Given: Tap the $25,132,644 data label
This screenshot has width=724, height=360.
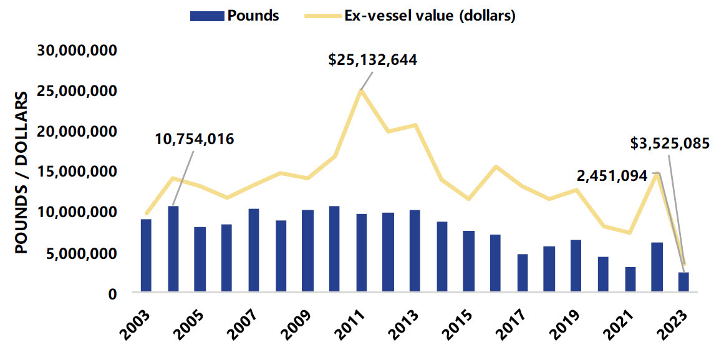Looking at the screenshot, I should (x=373, y=60).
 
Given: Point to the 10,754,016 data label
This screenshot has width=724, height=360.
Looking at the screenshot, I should (x=195, y=139).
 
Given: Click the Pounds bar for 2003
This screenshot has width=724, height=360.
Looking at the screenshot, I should (x=146, y=255).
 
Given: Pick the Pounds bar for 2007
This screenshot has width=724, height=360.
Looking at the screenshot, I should (x=253, y=250).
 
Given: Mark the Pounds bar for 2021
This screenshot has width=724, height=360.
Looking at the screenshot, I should (x=630, y=279).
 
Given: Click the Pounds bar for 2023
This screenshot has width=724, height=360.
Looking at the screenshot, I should (x=683, y=281).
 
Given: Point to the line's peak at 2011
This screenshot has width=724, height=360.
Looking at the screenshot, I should (x=360, y=91).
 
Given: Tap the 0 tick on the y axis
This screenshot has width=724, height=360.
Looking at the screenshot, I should (x=112, y=293).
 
